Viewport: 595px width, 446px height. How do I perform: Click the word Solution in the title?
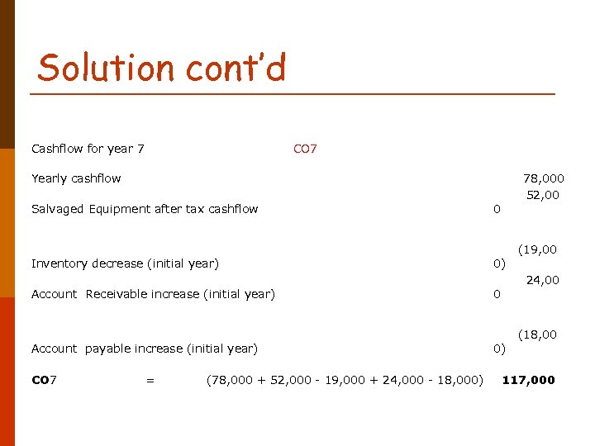pos(96,67)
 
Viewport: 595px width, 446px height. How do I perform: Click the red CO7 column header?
pos(305,149)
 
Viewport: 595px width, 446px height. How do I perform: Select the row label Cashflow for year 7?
pos(88,149)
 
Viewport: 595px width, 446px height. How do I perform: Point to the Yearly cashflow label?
pos(76,178)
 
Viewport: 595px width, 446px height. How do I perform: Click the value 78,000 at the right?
pos(544,178)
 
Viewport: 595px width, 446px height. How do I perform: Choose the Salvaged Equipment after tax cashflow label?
pos(145,209)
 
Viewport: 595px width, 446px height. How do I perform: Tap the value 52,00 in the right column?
pos(543,195)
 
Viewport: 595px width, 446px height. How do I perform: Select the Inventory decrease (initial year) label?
pos(125,263)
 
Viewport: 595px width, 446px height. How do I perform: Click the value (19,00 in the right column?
pos(537,249)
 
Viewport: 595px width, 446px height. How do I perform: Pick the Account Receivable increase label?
pos(153,294)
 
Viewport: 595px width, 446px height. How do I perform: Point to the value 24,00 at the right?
pos(543,280)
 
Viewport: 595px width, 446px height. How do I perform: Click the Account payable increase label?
pos(145,349)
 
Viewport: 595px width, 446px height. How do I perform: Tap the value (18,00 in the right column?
pos(537,334)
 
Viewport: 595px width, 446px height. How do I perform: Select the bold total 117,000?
pos(529,380)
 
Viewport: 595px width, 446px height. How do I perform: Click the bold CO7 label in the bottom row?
pos(44,380)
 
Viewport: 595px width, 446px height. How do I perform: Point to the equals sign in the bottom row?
pos(150,380)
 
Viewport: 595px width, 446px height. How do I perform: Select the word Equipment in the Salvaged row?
pos(119,209)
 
